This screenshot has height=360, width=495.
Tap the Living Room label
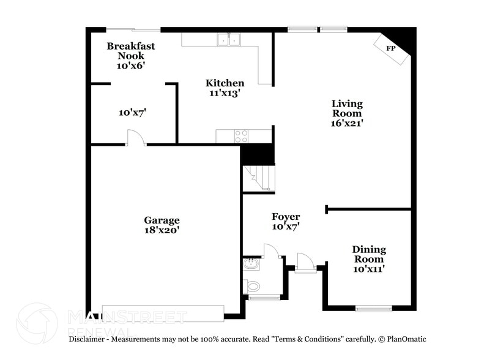[347, 108]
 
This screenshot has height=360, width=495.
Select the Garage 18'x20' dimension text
[162, 231]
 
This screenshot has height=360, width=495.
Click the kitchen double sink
[229, 40]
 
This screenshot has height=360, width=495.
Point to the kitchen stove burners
[242, 136]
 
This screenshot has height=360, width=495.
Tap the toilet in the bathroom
[252, 286]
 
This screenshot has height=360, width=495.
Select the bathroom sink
[251, 264]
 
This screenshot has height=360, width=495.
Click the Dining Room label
[369, 254]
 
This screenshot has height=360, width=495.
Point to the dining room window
[373, 309]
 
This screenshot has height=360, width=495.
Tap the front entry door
[304, 261]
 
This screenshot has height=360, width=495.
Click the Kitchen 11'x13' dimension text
[225, 94]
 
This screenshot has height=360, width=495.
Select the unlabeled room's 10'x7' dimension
[132, 113]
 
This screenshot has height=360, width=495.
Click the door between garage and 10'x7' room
[135, 138]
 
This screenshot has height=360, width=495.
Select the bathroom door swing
[272, 250]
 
